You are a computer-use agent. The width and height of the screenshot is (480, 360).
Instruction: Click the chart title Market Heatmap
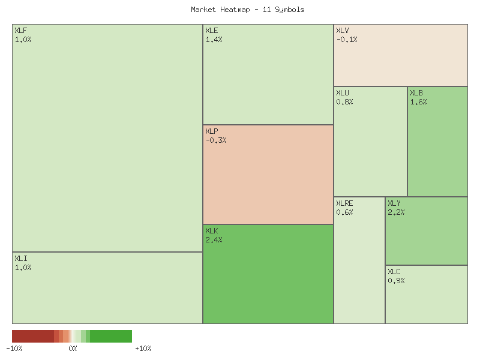tap(247, 10)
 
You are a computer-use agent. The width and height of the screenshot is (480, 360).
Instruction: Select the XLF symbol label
tap(20, 31)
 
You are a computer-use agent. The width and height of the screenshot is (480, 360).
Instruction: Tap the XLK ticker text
tap(212, 231)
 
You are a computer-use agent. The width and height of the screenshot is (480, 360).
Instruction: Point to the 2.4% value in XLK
tap(214, 240)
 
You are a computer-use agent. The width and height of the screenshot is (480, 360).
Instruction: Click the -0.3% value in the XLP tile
tap(216, 140)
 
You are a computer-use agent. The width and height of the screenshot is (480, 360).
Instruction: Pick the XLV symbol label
tap(343, 31)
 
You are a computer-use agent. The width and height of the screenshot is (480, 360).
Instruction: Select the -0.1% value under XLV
tap(347, 40)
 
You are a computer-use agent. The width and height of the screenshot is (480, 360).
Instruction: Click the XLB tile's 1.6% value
tap(418, 102)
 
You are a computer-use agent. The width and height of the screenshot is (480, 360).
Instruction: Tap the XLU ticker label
tap(343, 93)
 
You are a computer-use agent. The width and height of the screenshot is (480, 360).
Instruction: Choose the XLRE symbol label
tap(344, 203)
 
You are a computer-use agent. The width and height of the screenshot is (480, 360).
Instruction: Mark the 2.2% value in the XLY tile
tap(396, 212)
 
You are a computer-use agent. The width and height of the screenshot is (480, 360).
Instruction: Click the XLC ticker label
tap(394, 272)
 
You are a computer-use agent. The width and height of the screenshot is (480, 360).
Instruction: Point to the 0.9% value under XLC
tap(396, 281)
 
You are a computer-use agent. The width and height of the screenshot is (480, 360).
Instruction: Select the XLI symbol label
tap(20, 259)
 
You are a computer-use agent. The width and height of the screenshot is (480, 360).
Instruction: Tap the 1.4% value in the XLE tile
tap(214, 40)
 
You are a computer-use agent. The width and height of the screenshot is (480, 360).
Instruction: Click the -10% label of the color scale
tap(14, 348)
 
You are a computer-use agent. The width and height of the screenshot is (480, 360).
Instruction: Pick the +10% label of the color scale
tap(143, 348)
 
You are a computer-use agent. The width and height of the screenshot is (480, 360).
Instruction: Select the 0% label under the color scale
tap(73, 348)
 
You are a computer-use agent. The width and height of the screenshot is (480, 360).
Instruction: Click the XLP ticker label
tap(212, 131)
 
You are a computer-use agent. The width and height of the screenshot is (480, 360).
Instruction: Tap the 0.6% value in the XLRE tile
tap(344, 212)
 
